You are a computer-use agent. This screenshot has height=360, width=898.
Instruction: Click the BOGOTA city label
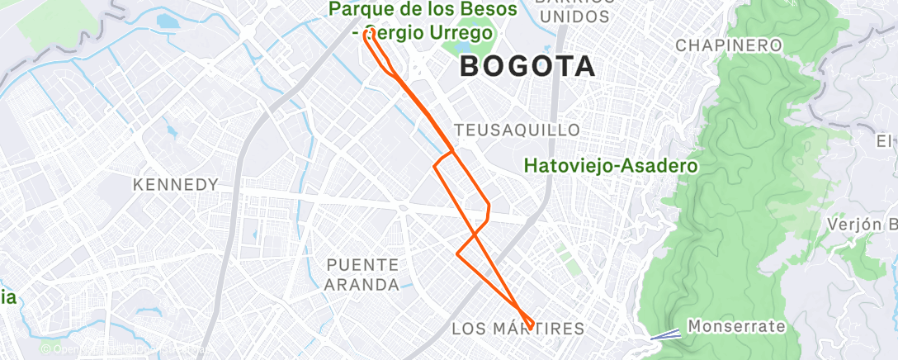pos(527,67)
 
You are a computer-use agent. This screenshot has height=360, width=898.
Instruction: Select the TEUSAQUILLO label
pos(518,130)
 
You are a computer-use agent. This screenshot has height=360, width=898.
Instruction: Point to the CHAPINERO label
pos(729,45)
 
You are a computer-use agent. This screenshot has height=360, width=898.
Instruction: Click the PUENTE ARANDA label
pos(363,275)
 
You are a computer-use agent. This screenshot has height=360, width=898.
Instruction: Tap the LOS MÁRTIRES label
pos(518,329)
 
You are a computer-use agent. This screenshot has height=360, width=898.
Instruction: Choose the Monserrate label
pos(736,326)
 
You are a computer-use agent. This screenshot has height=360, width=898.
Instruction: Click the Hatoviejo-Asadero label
pos(611,166)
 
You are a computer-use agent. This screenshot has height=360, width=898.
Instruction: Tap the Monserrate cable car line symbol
pos(666,334)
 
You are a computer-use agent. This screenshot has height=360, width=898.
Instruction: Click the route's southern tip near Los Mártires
pos(529,324)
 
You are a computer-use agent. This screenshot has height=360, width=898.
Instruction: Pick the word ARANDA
pos(363,285)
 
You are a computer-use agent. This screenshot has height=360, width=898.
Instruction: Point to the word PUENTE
pos(363,265)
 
